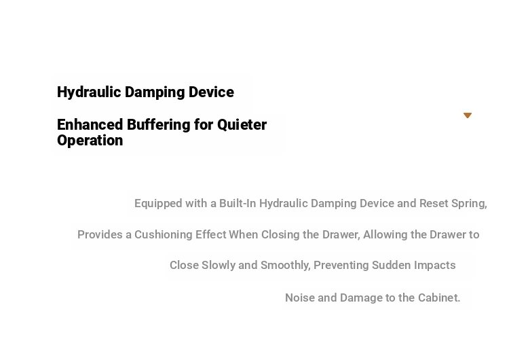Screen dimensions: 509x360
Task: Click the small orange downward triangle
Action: [x=468, y=115]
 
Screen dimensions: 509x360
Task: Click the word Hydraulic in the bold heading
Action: [x=89, y=92]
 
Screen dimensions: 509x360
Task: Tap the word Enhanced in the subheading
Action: [x=90, y=125]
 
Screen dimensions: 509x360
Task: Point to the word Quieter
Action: [x=242, y=125]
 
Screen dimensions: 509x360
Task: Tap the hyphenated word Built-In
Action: [x=238, y=203]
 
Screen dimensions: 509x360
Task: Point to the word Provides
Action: [x=100, y=234]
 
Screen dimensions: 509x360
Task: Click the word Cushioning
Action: [x=164, y=235]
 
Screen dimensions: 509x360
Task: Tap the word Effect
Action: [x=210, y=234]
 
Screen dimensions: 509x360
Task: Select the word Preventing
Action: [x=341, y=266]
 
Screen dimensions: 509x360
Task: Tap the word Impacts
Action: [x=434, y=266]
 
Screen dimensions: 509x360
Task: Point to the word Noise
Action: [x=300, y=298]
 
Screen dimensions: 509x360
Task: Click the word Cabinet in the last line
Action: [x=439, y=298]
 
